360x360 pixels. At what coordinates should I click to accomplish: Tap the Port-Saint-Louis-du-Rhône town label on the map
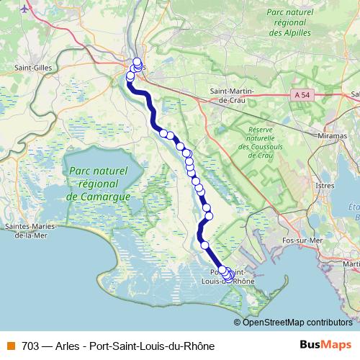coord(232,277)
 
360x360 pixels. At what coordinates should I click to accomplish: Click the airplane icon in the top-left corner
coord(27,9)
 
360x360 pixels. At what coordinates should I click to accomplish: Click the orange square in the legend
coord(11,346)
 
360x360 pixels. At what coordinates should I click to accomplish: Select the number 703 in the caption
coord(31,346)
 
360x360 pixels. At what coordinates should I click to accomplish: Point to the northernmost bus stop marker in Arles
coord(137,61)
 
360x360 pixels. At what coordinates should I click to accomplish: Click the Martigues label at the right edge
coord(353,264)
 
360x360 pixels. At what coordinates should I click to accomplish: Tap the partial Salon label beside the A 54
coord(355,94)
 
